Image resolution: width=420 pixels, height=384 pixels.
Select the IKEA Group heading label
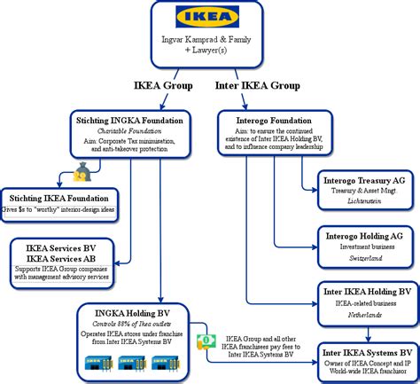point(159,85)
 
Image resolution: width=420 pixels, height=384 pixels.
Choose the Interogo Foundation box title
point(273,118)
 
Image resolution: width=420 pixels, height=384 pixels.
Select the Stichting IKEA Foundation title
point(59,197)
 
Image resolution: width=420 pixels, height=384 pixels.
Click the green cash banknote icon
point(205,340)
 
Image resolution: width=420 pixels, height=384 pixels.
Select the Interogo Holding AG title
point(363,235)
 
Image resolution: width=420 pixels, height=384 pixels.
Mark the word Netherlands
point(363,315)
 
